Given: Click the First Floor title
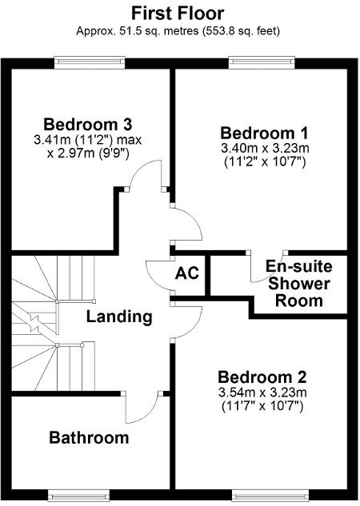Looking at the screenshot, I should [x=178, y=13].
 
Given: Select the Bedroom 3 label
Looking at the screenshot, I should [x=87, y=125].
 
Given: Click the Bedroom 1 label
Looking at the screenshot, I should [x=264, y=133].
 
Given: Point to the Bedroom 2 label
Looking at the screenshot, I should [x=262, y=377].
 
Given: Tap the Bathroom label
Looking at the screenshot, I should [x=89, y=437].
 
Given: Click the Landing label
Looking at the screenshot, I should [x=119, y=317].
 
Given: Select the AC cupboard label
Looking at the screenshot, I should [x=187, y=273].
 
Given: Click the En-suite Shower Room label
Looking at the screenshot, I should [x=295, y=283].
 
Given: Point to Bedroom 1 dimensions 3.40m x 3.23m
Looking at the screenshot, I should [x=264, y=149].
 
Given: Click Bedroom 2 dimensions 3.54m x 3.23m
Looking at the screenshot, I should [x=262, y=392].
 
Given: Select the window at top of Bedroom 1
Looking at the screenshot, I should [x=255, y=61].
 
